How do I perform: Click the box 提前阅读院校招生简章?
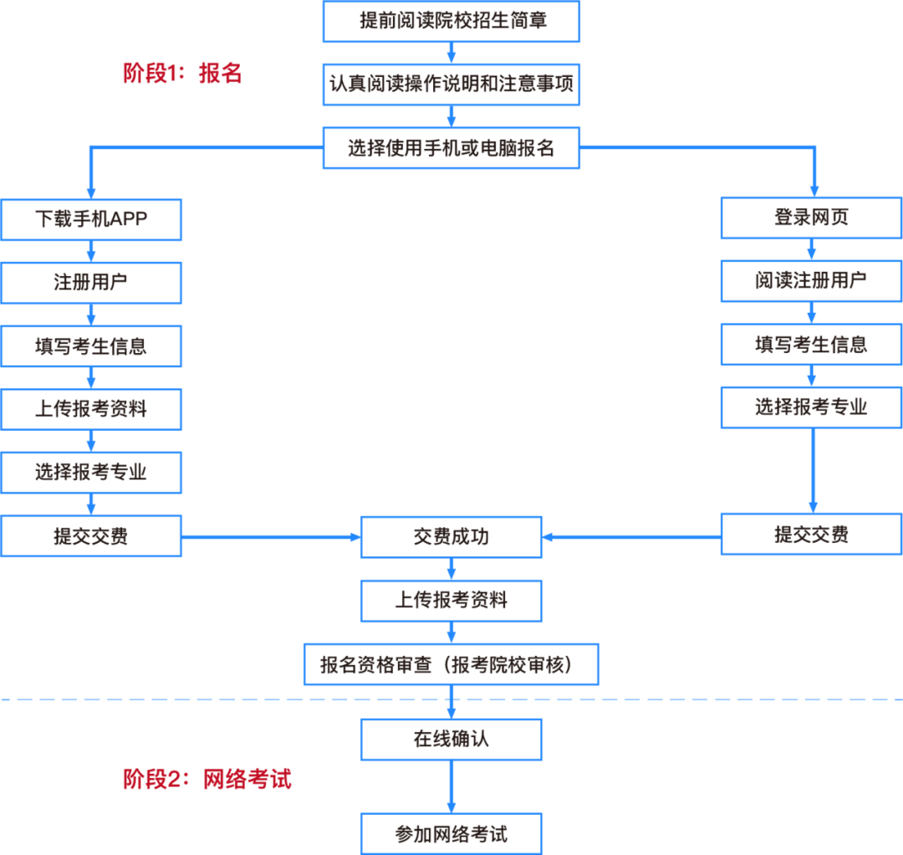[x=451, y=21]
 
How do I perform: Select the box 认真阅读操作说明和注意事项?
[x=451, y=84]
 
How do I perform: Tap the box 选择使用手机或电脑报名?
[x=451, y=148]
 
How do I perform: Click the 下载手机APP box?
[x=91, y=219]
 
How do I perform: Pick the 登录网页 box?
[x=811, y=218]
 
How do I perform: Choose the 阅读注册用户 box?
[x=811, y=281]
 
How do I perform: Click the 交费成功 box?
[x=451, y=537]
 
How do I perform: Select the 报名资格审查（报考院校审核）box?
[x=451, y=664]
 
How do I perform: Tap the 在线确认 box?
[x=451, y=740]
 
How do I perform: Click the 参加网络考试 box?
[x=451, y=834]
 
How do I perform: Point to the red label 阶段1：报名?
[x=182, y=73]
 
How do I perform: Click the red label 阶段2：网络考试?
[x=207, y=779]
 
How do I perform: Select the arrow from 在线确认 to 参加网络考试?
[x=451, y=787]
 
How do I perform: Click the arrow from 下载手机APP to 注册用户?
[x=91, y=251]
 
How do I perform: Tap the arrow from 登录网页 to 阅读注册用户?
[x=811, y=249]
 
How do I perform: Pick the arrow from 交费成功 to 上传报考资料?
[x=451, y=569]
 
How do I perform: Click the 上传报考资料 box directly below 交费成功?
[x=451, y=601]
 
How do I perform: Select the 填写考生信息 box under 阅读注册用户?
[x=811, y=345]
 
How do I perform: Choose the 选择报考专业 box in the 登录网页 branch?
[x=811, y=407]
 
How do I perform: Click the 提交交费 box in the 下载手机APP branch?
[x=91, y=535]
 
